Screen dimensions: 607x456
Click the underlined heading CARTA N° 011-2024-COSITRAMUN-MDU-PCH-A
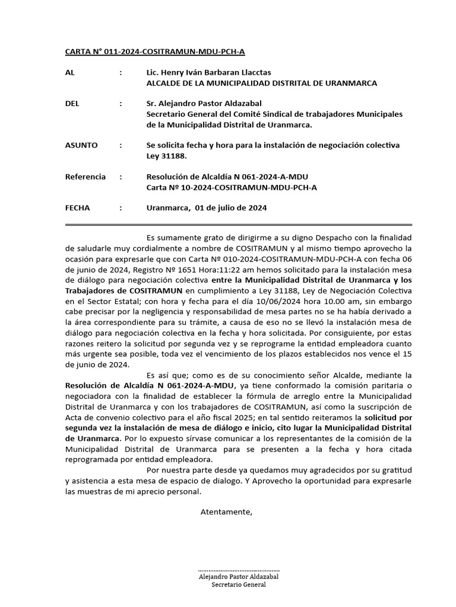[154, 52]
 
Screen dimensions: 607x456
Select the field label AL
[70, 72]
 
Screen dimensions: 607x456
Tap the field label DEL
[72, 104]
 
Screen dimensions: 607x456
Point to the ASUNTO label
[81, 145]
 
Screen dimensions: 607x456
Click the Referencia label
[85, 177]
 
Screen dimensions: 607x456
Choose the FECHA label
[77, 208]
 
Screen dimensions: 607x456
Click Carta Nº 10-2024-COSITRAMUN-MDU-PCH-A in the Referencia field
[232, 187]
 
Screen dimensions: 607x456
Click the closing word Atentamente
[226, 512]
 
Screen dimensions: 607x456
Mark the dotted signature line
[238, 568]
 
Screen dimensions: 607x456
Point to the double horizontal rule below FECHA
[238, 225]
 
